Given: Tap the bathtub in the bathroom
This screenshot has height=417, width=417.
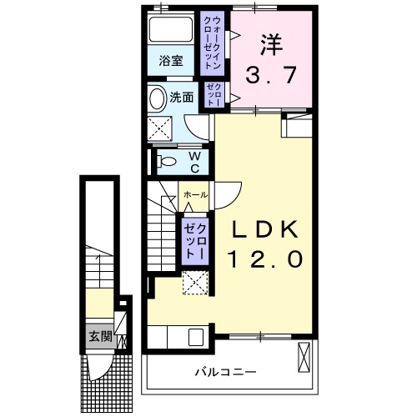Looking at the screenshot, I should click(171, 31).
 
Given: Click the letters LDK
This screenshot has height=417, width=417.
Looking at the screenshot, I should click(261, 229).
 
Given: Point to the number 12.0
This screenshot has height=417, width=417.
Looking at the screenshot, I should click(261, 259).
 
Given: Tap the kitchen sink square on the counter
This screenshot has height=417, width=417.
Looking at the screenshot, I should click(196, 338).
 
